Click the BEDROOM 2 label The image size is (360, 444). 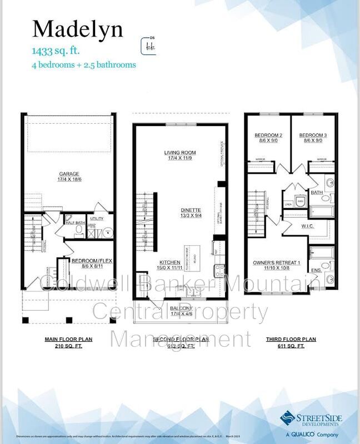(269, 135)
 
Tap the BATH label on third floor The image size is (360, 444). (317, 193)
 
